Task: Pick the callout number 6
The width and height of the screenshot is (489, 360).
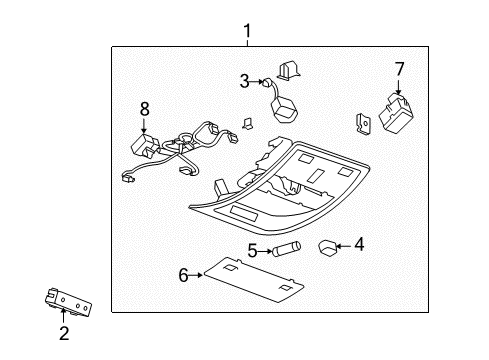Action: coord(183,273)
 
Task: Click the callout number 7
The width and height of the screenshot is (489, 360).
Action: coord(399,69)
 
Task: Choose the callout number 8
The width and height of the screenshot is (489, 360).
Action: coord(144,107)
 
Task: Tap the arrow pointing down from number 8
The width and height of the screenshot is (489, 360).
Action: coord(144,124)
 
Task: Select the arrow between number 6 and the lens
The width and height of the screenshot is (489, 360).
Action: coord(199,273)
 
